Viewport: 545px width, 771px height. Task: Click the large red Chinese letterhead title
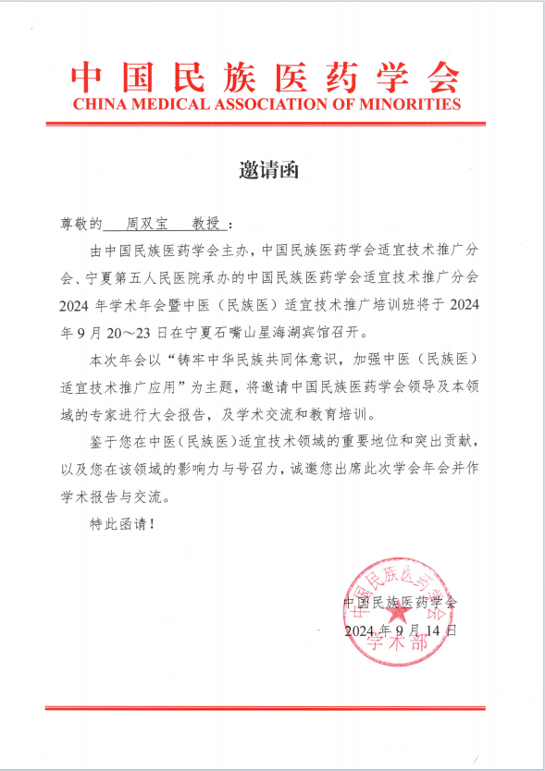click(x=266, y=75)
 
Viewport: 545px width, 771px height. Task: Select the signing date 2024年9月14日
click(x=401, y=630)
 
